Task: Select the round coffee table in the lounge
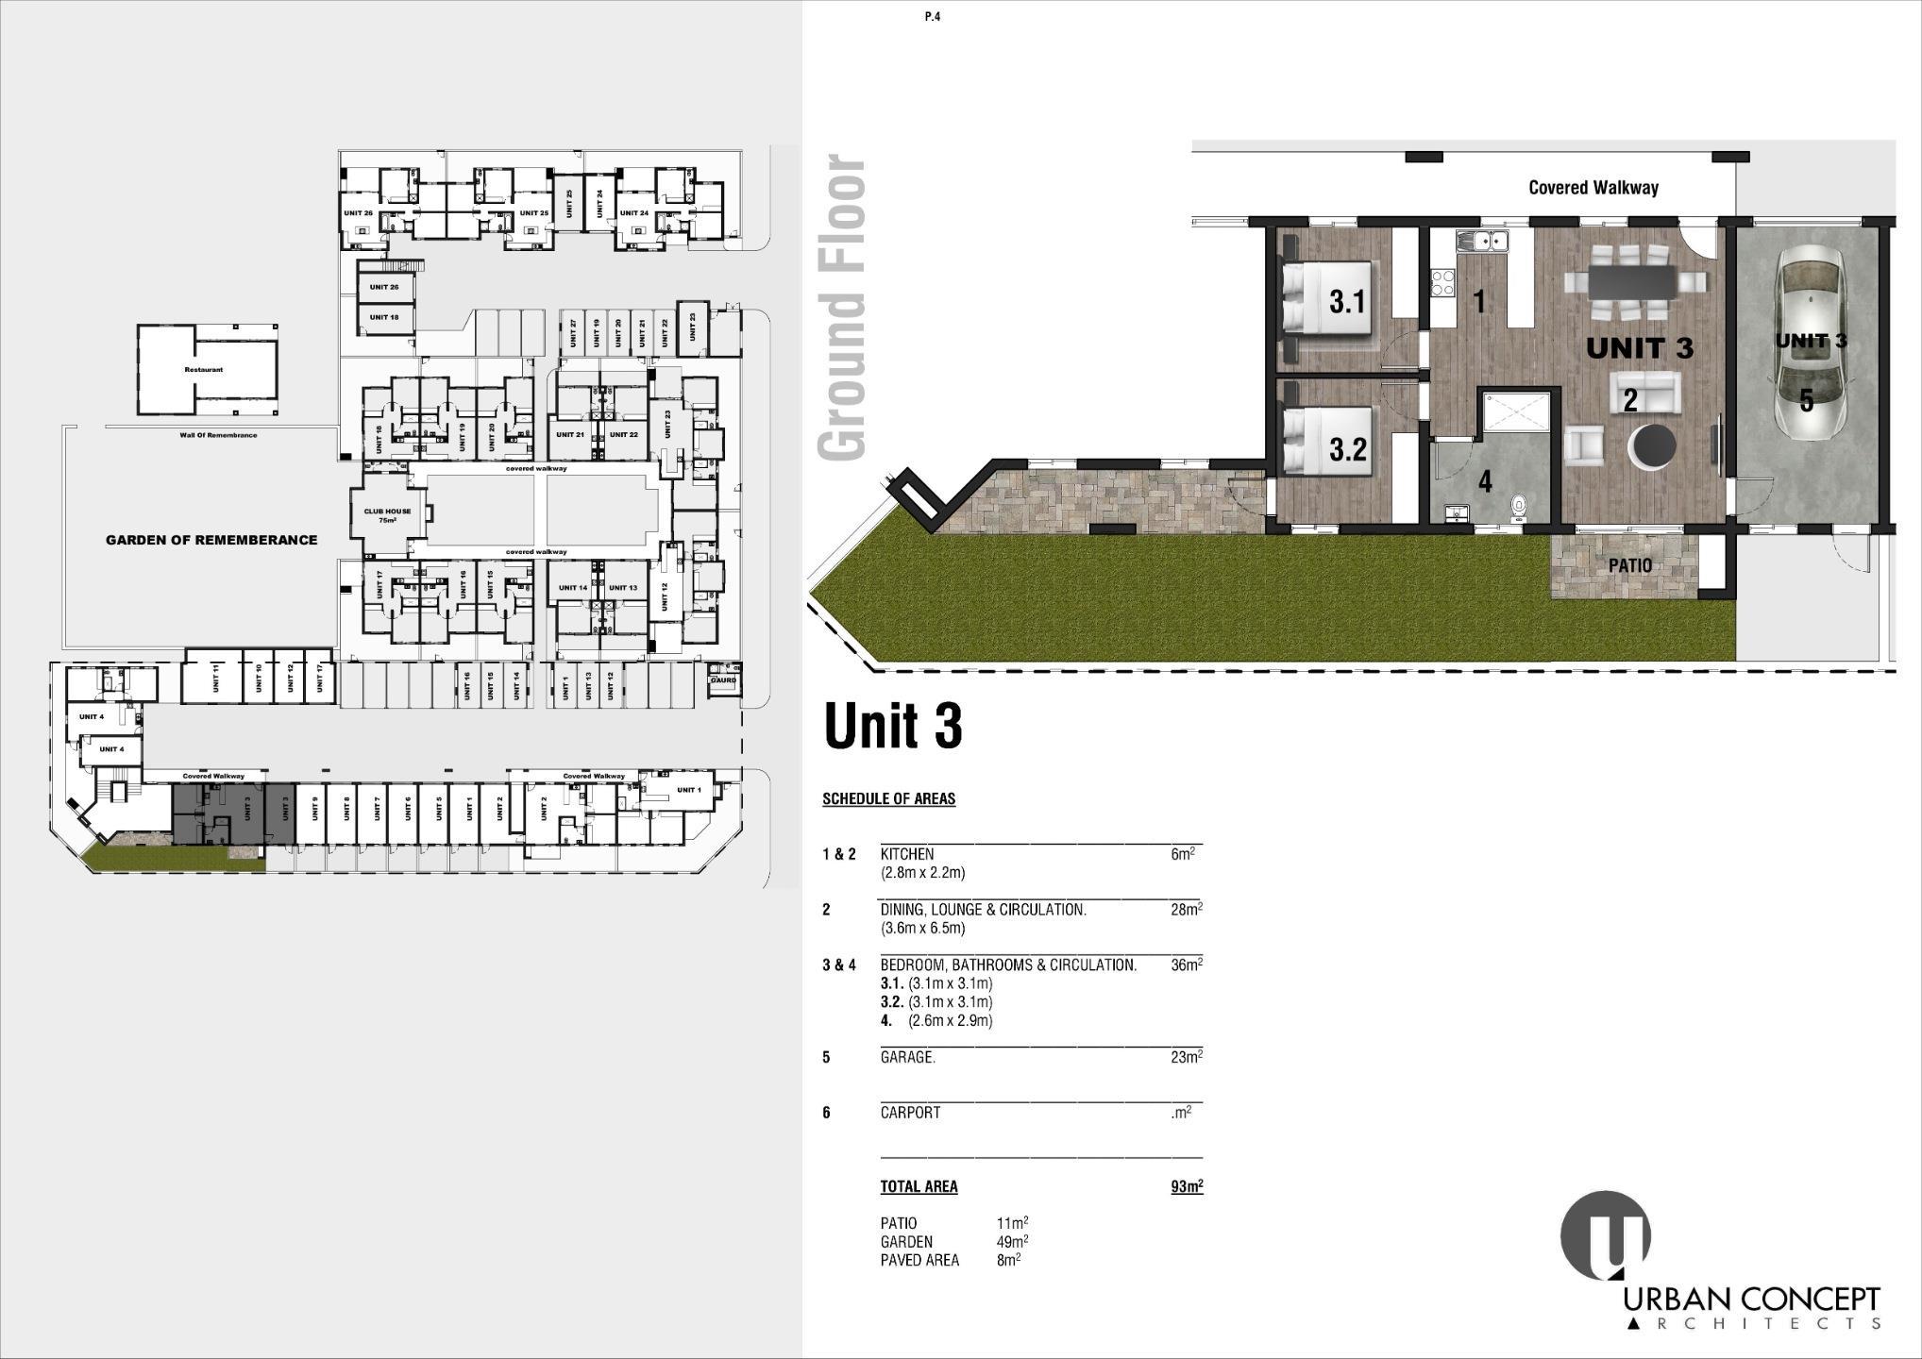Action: click(1653, 445)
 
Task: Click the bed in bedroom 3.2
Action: click(1326, 442)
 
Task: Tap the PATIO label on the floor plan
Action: click(1630, 565)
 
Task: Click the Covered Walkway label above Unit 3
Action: click(1593, 188)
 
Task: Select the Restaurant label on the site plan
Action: click(203, 369)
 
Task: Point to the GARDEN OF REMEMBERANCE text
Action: click(211, 540)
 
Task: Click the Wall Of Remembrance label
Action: click(218, 435)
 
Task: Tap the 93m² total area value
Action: click(1187, 1186)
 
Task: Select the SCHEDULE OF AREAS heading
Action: click(888, 798)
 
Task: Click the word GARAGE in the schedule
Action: click(907, 1057)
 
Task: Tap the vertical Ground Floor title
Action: click(841, 309)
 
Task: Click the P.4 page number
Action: click(933, 16)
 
